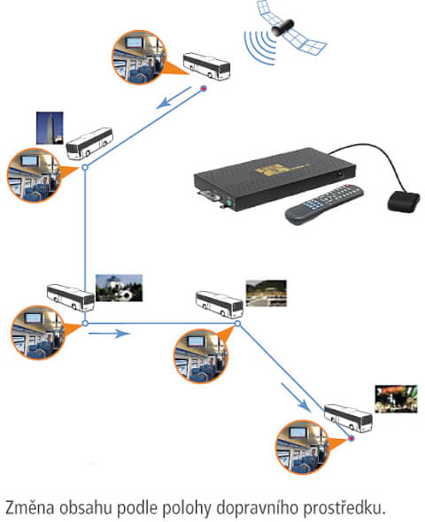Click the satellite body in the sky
(282, 27)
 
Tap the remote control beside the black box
(324, 203)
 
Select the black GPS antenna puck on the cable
(404, 202)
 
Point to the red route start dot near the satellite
(204, 88)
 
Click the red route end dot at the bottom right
(351, 439)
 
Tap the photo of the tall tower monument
(50, 127)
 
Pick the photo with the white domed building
(119, 288)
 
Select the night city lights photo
(396, 399)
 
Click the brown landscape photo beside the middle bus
(267, 293)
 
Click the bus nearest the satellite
(206, 66)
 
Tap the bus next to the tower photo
(89, 143)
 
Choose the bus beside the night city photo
(348, 418)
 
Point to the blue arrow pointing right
(109, 334)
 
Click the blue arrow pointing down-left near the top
(174, 97)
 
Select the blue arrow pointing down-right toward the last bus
(296, 397)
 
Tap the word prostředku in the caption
(344, 508)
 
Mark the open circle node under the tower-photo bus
(85, 167)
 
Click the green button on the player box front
(228, 202)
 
